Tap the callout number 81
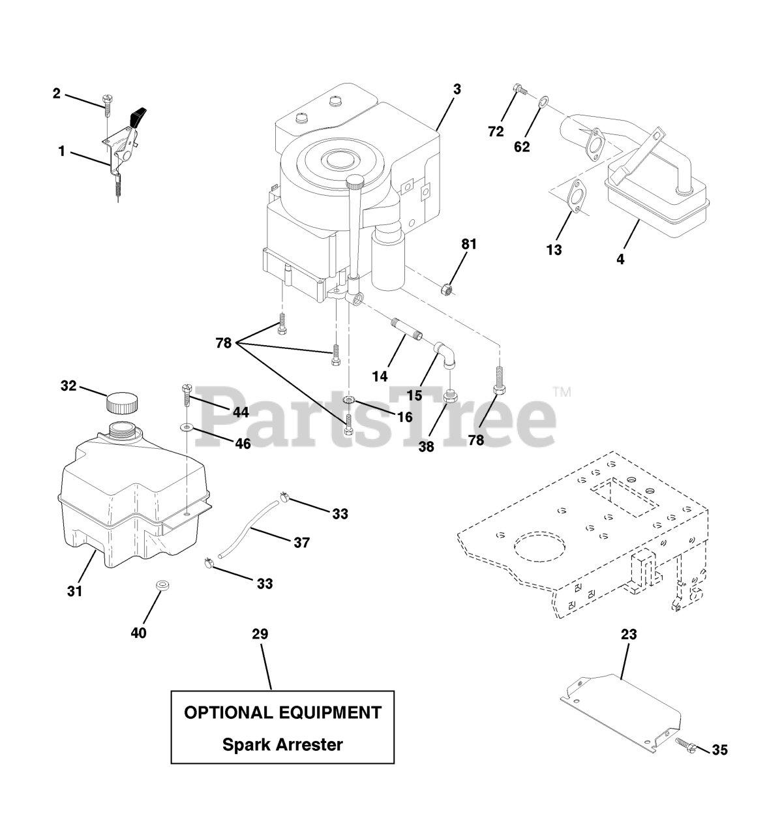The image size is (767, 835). point(469,245)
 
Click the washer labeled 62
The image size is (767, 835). point(543,101)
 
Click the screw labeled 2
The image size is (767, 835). point(106,102)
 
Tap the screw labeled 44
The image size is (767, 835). point(185,396)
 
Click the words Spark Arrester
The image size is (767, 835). point(282,744)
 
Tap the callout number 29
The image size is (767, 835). point(260,634)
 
